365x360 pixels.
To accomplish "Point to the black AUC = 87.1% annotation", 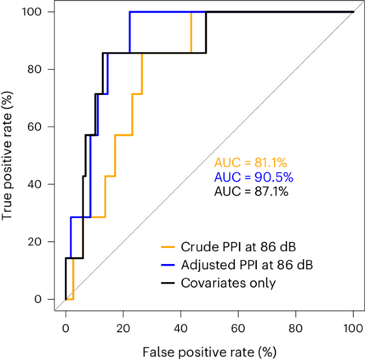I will pyautogui.click(x=250, y=191).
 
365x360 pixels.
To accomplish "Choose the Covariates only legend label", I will pyautogui.click(x=229, y=282).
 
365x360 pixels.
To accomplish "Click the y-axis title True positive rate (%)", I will pyautogui.click(x=7, y=156).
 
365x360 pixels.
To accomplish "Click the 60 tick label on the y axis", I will pyautogui.click(x=36, y=127).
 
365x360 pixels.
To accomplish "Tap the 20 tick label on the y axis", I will pyautogui.click(x=36, y=242).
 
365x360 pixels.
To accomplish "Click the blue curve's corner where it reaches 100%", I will pyautogui.click(x=129, y=12).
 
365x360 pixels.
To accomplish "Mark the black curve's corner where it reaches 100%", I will pyautogui.click(x=206, y=12).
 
